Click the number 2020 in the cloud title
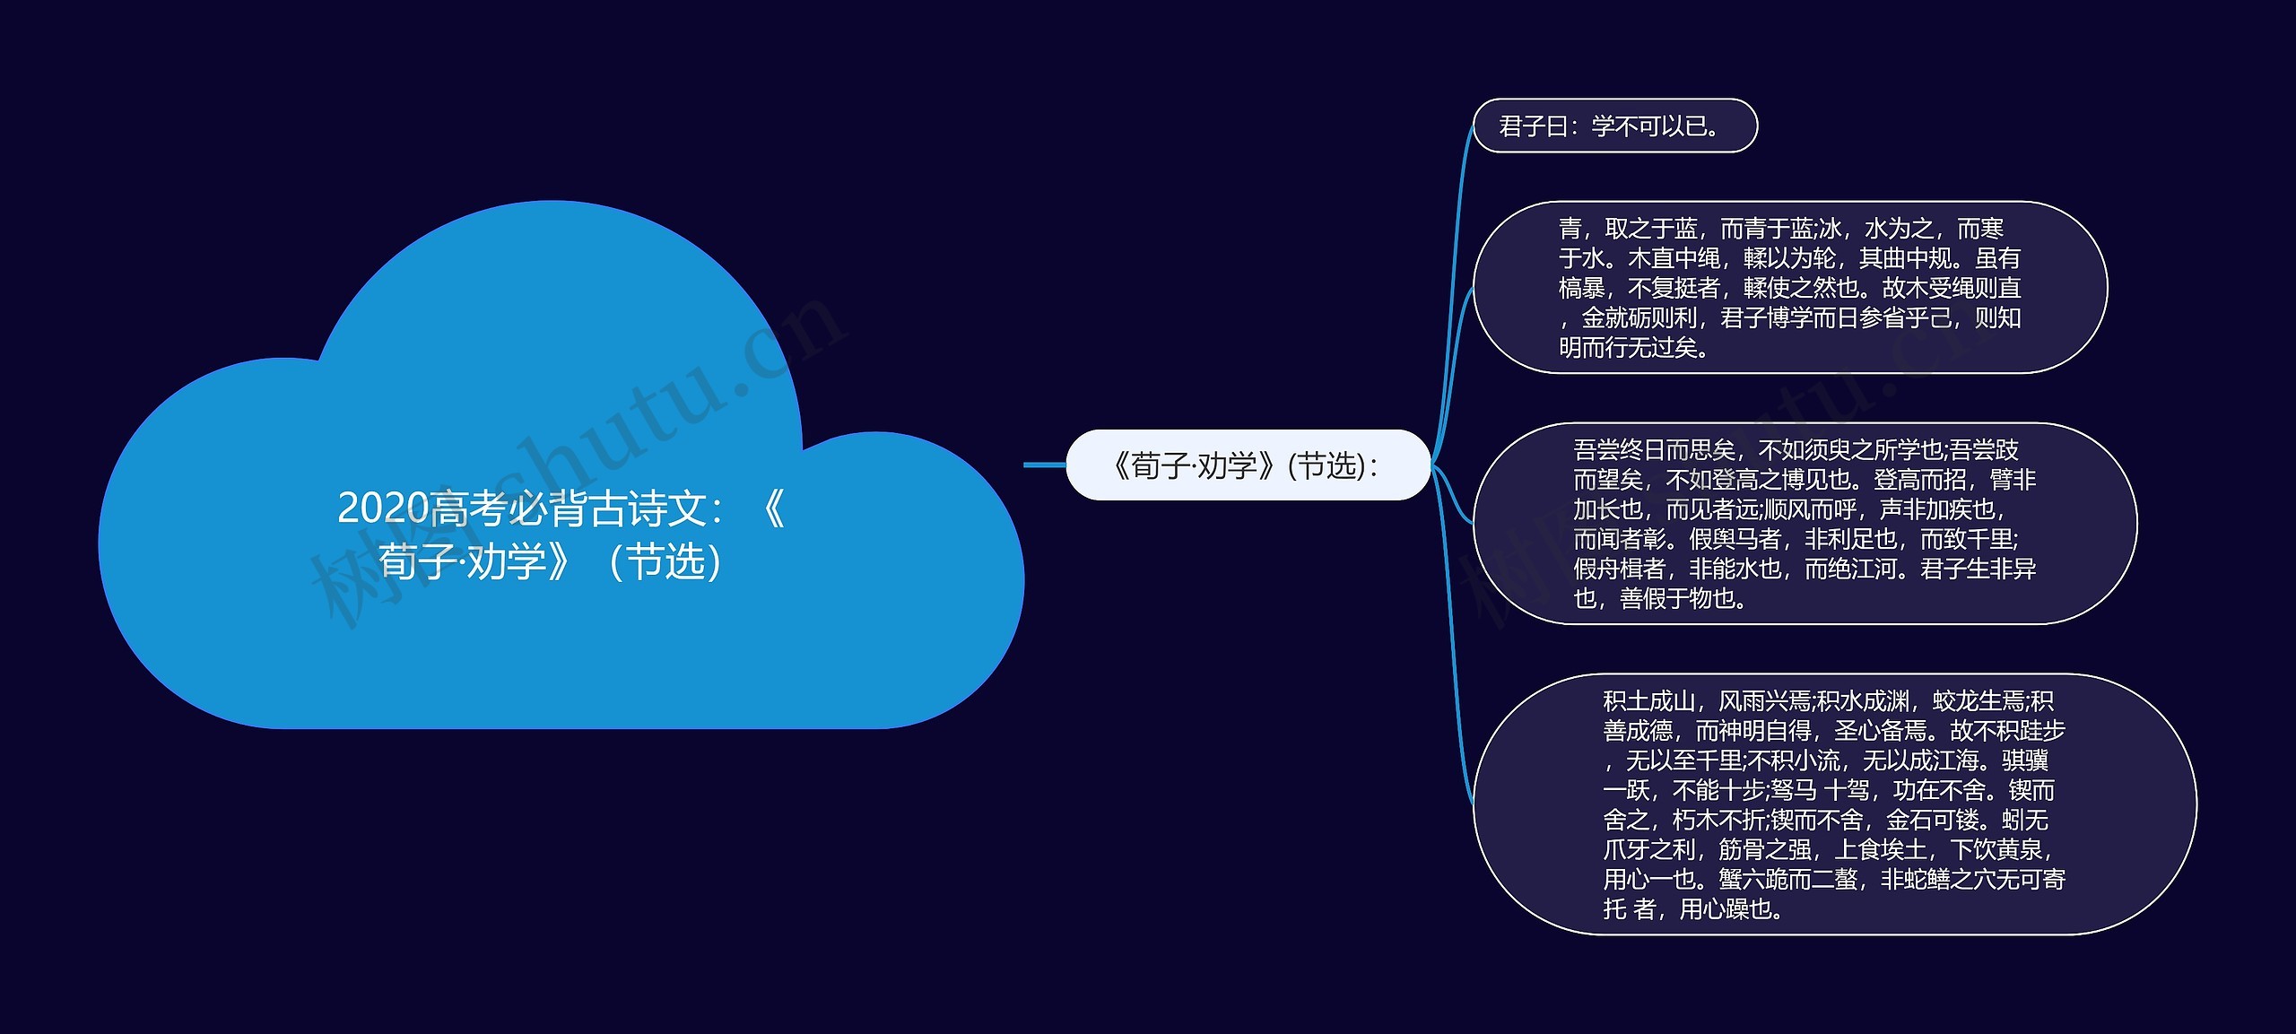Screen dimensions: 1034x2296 (383, 508)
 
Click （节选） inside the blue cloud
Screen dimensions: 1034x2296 (665, 562)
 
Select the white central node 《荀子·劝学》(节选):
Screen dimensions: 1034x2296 (1247, 465)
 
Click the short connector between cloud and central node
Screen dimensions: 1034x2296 (1045, 465)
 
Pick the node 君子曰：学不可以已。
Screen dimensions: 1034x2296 (1614, 126)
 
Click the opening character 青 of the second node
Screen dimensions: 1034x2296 (1570, 229)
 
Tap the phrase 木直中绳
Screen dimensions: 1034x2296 (1674, 258)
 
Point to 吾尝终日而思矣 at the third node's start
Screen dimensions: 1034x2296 (1654, 449)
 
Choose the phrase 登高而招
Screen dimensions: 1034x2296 (1919, 479)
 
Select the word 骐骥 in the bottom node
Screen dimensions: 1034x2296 (2025, 760)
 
